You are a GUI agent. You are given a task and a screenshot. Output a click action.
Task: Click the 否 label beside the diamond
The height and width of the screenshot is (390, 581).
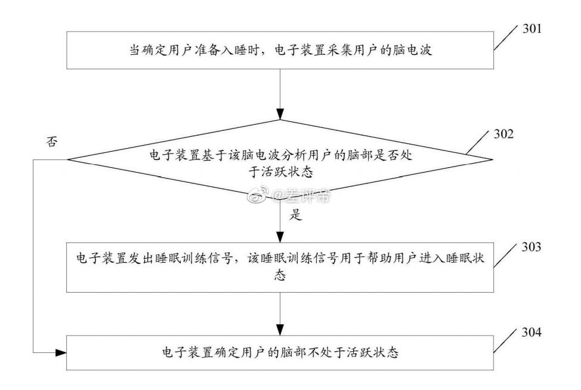tap(51, 142)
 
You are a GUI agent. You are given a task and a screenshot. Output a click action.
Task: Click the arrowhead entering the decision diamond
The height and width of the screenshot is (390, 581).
tap(280, 115)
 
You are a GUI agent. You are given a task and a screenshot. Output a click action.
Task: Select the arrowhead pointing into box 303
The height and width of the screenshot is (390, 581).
tap(280, 238)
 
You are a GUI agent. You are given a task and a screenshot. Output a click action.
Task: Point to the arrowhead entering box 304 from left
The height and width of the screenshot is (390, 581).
tap(60, 353)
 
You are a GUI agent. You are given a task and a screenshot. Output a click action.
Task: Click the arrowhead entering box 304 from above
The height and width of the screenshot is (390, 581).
tap(280, 330)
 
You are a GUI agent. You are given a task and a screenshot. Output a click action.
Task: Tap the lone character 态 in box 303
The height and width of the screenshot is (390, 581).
tap(280, 277)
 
